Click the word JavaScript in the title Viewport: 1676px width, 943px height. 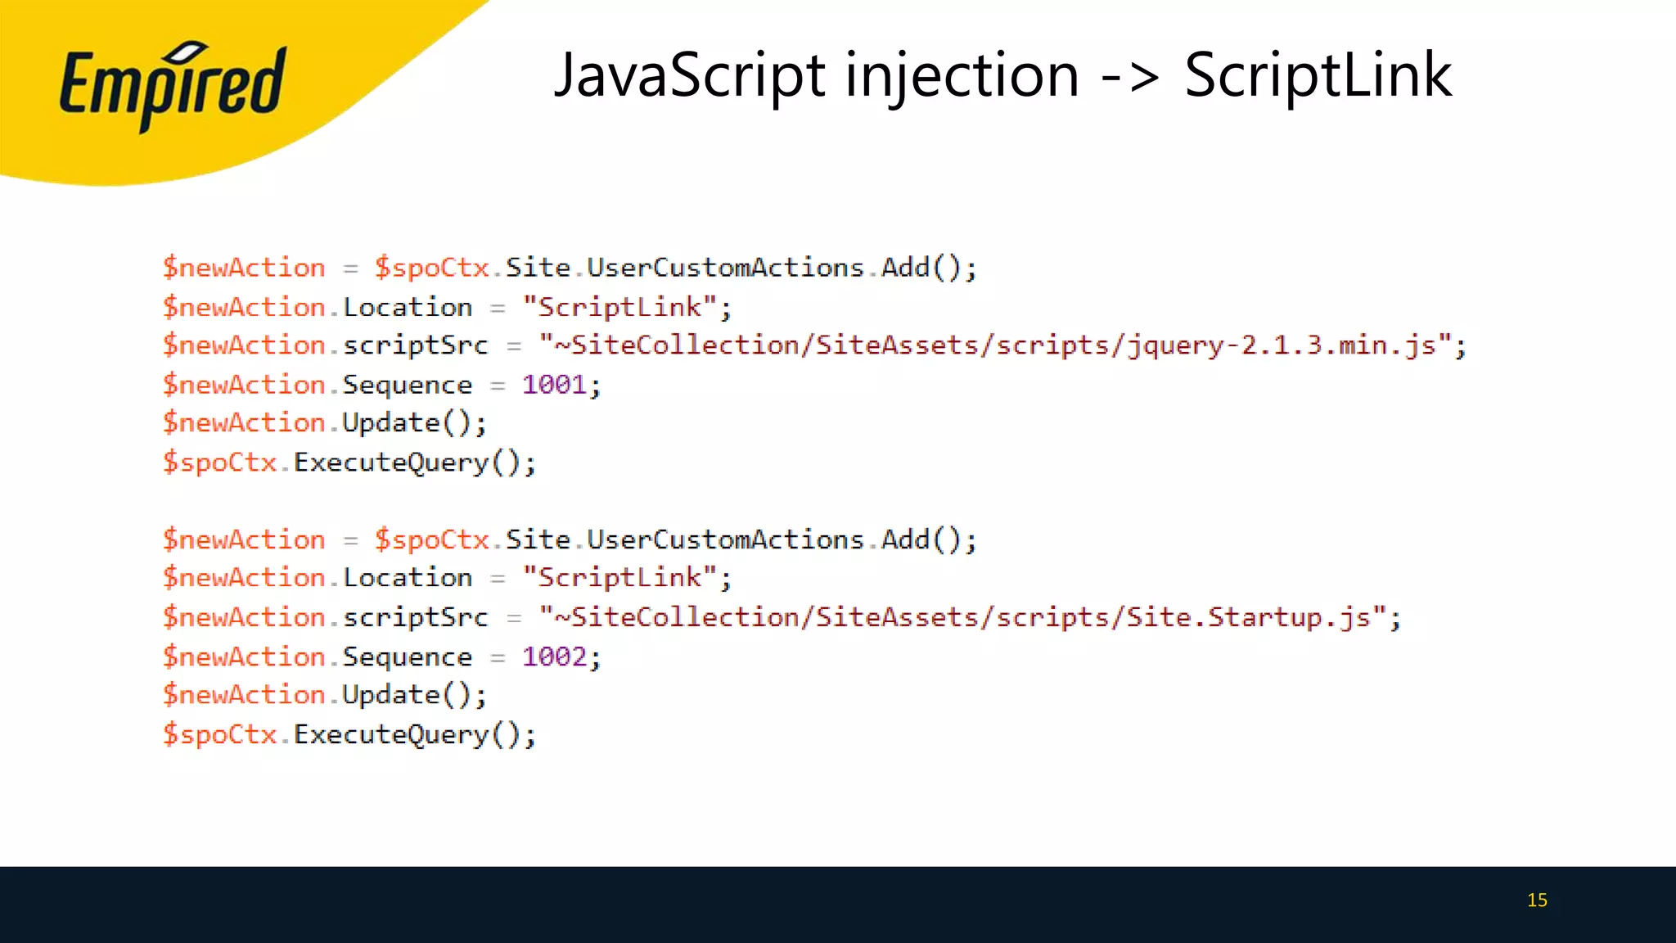(x=690, y=75)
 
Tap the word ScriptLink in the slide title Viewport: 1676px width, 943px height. (x=1318, y=75)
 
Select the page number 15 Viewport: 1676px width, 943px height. (x=1537, y=900)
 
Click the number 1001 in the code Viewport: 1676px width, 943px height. (x=554, y=385)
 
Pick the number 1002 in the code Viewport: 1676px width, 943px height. (x=554, y=656)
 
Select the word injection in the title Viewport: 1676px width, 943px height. (x=962, y=75)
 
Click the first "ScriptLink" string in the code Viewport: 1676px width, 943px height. (x=619, y=308)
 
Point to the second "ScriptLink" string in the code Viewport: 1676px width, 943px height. (x=619, y=579)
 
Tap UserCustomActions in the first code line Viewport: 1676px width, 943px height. (x=725, y=268)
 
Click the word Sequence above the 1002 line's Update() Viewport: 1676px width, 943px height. (x=407, y=656)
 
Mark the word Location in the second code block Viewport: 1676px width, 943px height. (x=407, y=579)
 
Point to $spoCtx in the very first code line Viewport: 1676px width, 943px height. (x=431, y=268)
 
